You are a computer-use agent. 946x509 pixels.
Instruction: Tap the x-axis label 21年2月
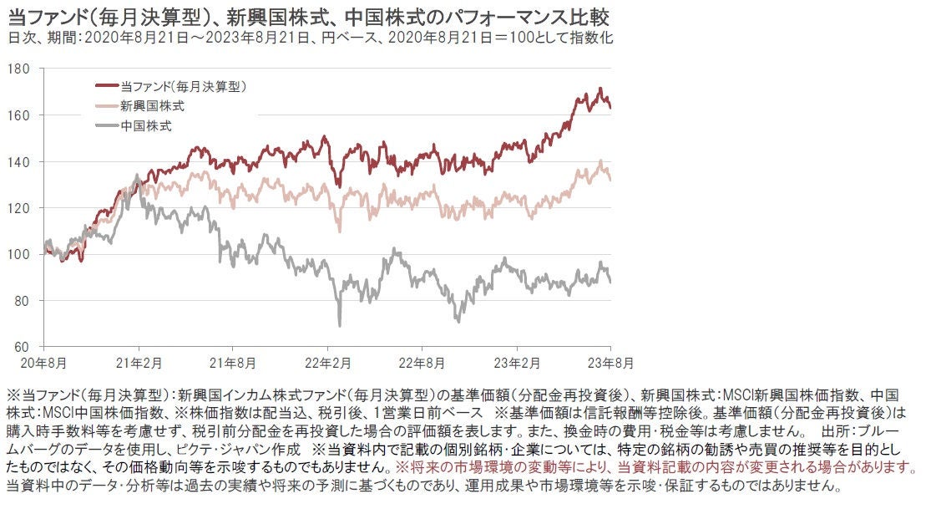point(139,364)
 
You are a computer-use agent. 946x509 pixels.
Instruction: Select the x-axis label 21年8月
point(235,364)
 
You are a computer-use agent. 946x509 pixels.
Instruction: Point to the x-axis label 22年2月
point(328,364)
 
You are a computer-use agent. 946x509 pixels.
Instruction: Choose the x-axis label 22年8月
point(422,364)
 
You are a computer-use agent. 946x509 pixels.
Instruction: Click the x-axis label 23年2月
point(517,364)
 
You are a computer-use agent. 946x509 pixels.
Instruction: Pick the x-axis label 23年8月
point(611,364)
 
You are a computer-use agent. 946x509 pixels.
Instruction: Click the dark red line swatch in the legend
point(107,85)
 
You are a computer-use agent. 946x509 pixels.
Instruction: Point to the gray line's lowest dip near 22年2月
point(340,324)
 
